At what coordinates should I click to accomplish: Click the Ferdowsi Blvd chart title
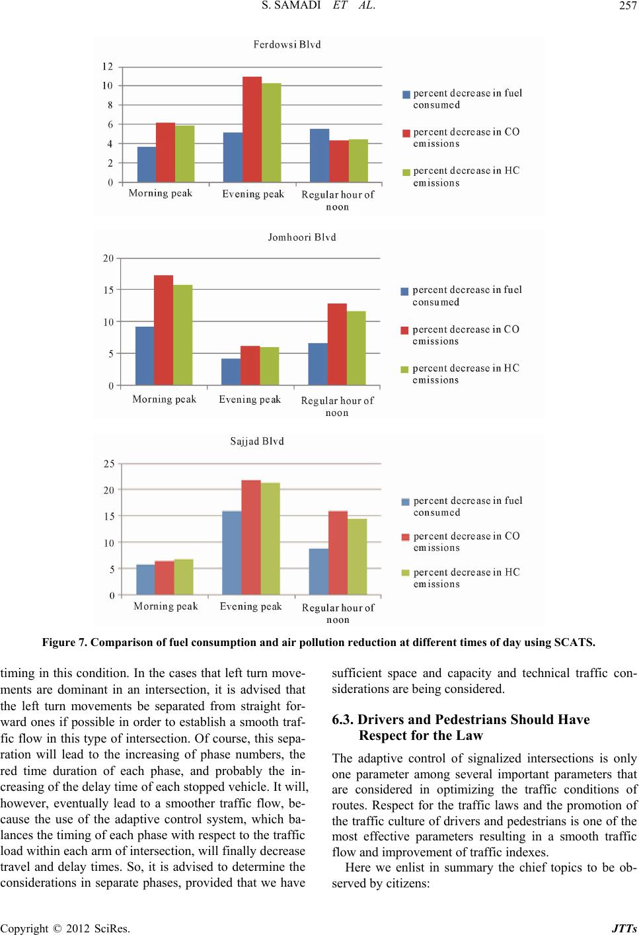click(x=287, y=45)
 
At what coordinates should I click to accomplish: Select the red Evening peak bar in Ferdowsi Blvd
click(x=252, y=130)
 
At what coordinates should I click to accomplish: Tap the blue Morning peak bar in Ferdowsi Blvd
click(x=147, y=165)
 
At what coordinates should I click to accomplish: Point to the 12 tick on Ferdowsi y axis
click(x=108, y=66)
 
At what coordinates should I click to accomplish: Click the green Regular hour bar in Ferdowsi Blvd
click(x=358, y=161)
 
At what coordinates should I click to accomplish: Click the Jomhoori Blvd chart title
click(x=302, y=237)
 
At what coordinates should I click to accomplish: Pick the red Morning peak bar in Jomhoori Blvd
click(x=163, y=330)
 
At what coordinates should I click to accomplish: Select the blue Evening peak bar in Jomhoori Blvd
click(x=231, y=372)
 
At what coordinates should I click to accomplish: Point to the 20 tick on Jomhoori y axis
click(x=108, y=259)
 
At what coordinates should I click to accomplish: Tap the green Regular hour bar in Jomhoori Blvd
click(x=356, y=348)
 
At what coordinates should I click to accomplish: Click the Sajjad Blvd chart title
click(x=257, y=442)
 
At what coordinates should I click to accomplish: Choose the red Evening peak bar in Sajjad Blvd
click(x=251, y=538)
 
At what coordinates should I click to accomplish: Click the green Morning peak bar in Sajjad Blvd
click(x=184, y=577)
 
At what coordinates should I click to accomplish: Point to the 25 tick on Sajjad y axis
click(x=109, y=464)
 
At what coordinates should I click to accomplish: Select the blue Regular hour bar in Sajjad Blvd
click(x=319, y=572)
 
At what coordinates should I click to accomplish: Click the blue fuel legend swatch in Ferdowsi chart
click(x=406, y=95)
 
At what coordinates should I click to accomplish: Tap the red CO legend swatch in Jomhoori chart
click(x=404, y=331)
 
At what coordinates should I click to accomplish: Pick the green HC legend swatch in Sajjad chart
click(x=406, y=573)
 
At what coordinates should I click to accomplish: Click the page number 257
click(x=628, y=5)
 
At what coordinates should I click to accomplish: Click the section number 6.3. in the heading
click(x=342, y=719)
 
